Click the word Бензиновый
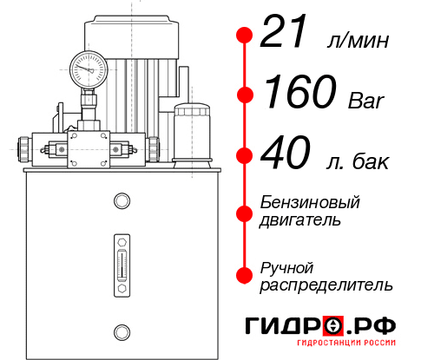(x=310, y=202)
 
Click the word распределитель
(x=326, y=285)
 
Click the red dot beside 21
(x=245, y=36)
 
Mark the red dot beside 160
(x=245, y=94)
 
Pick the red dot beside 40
(x=245, y=156)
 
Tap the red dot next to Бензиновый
(x=245, y=211)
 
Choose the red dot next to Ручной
(x=245, y=275)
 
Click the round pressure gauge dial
(x=89, y=66)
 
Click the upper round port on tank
(x=122, y=202)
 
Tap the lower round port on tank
(x=122, y=331)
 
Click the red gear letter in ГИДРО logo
(x=332, y=326)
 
